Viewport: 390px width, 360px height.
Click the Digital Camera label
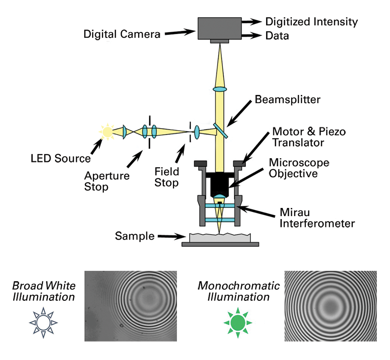[x=122, y=34]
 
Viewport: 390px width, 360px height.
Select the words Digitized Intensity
[x=312, y=22]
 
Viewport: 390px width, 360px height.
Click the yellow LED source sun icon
[x=107, y=132]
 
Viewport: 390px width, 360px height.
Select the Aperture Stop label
[x=107, y=181]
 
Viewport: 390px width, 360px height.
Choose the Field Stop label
[x=167, y=176]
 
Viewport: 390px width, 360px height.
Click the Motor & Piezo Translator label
[x=309, y=137]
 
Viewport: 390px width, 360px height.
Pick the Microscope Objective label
[x=299, y=168]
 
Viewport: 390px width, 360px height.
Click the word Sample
[x=135, y=236]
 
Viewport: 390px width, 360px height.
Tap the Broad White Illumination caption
[x=44, y=291]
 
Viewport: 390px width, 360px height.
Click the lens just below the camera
[x=220, y=89]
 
